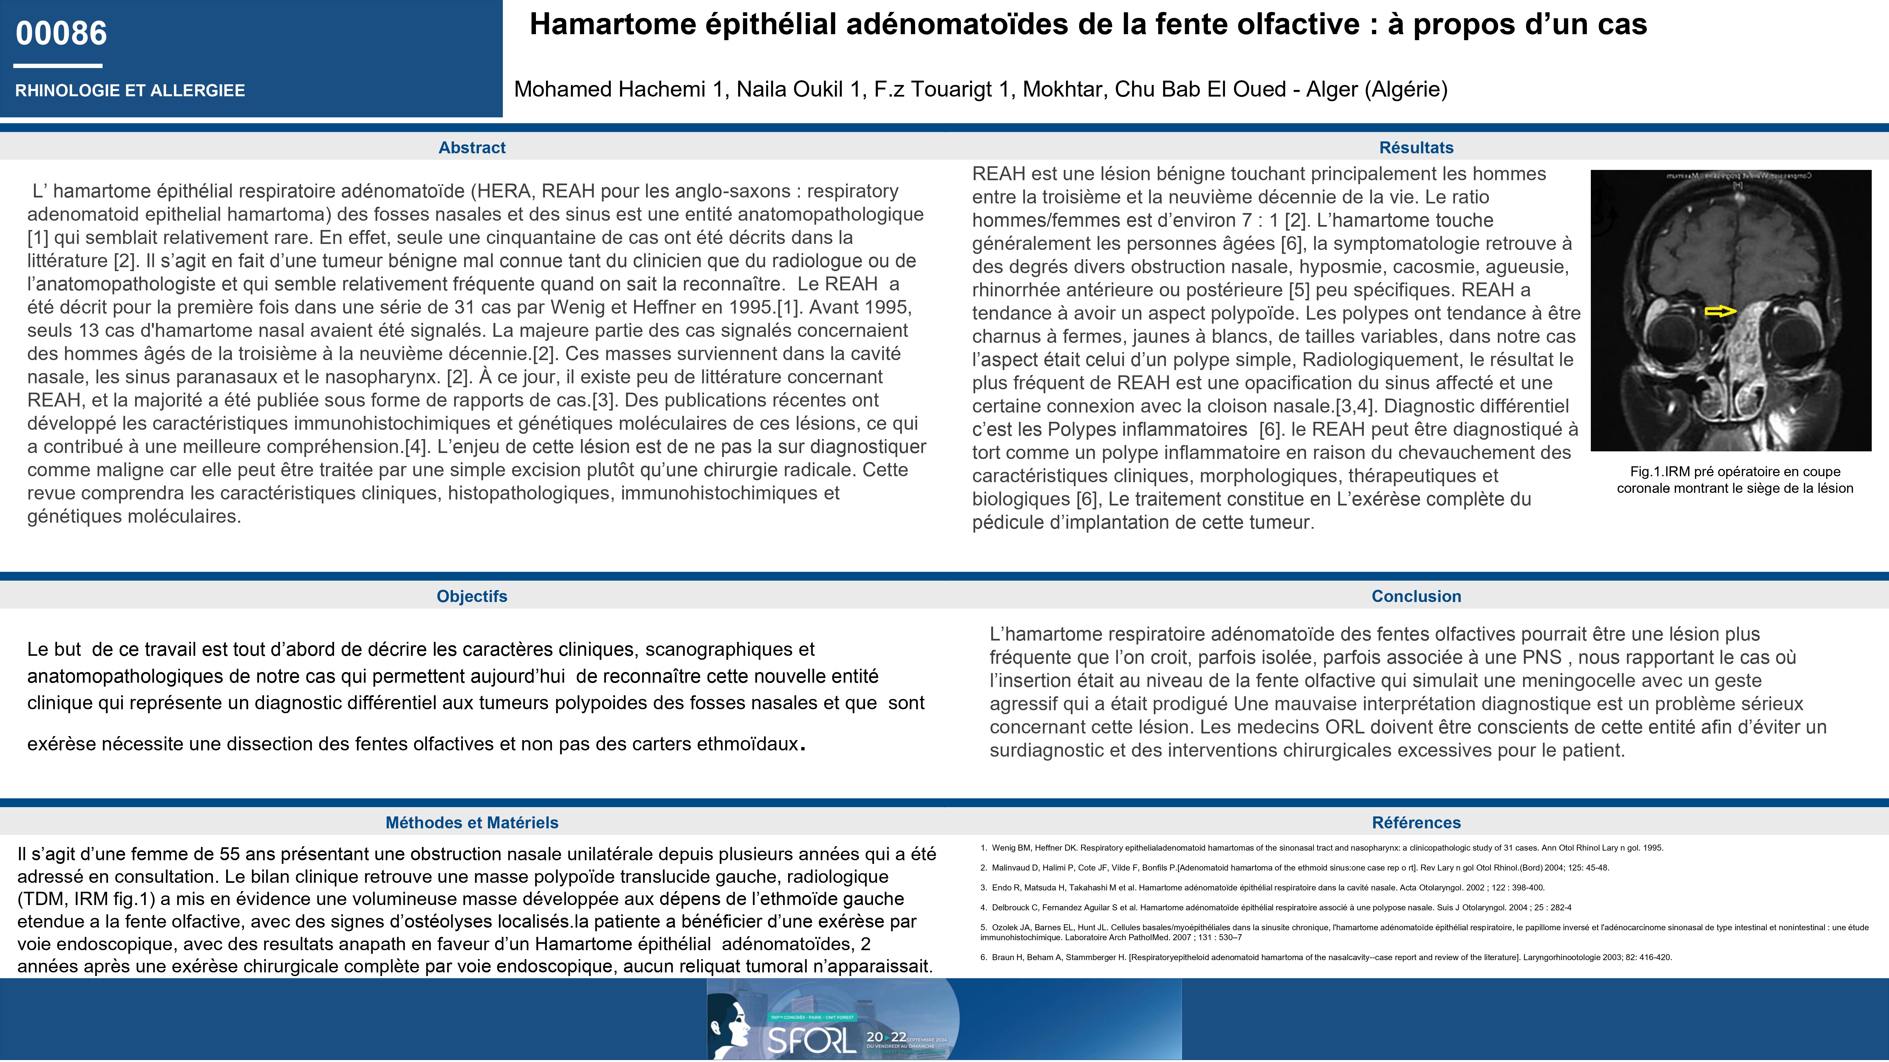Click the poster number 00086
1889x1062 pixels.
tap(62, 33)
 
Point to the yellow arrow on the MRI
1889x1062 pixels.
tap(1720, 312)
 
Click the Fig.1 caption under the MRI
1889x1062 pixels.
tap(1734, 480)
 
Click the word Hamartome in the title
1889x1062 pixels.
tap(612, 24)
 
